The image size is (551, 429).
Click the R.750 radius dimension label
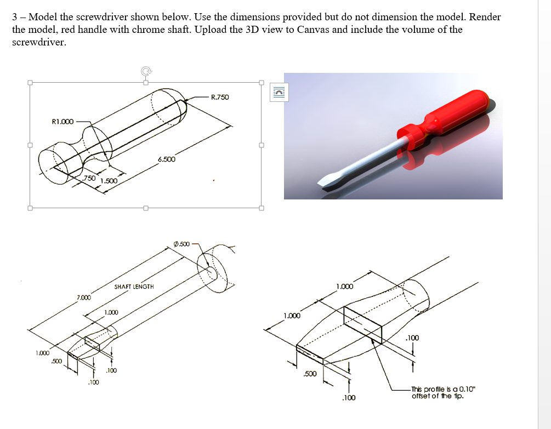tap(220, 98)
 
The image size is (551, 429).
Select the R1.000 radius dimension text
tap(62, 122)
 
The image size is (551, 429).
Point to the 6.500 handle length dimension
tap(166, 159)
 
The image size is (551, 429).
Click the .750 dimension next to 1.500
tap(89, 179)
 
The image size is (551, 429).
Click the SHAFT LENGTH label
tap(134, 287)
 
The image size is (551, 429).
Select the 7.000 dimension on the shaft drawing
tap(83, 297)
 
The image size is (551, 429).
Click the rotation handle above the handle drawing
tap(145, 71)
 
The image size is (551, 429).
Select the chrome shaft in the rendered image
tap(373, 159)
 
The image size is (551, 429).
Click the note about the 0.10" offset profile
tap(444, 392)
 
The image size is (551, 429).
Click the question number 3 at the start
tap(15, 17)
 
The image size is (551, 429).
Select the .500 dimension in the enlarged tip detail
tap(310, 374)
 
